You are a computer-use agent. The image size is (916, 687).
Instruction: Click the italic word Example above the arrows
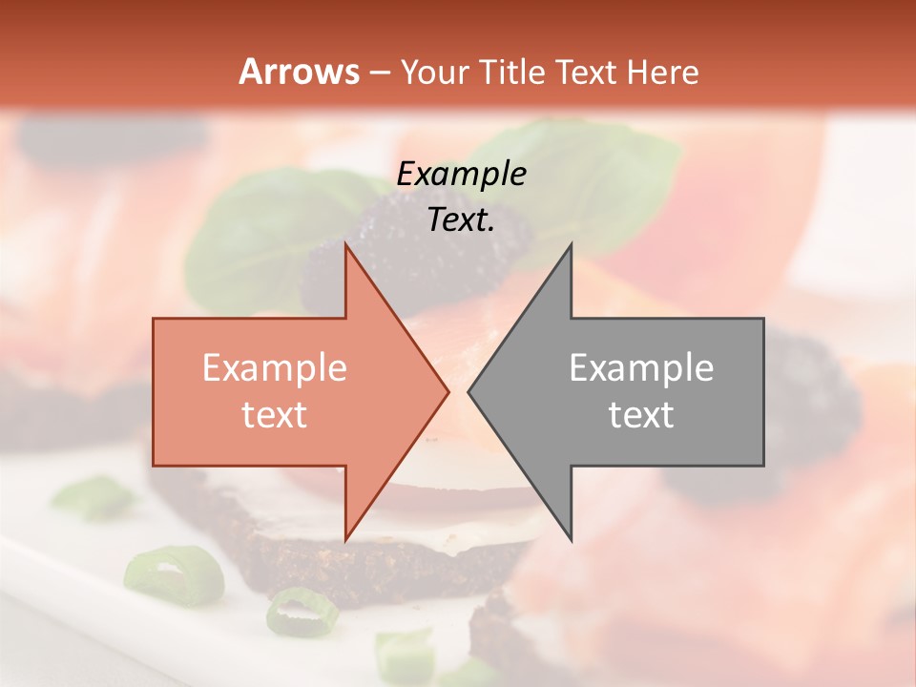point(461,174)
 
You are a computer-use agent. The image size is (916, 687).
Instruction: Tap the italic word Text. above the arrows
point(461,220)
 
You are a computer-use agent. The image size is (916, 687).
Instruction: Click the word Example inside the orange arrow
point(274,368)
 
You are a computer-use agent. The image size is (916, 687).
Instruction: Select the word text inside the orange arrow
point(274,415)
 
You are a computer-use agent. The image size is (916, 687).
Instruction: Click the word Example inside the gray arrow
point(641,368)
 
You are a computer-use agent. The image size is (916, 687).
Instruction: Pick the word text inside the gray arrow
point(641,415)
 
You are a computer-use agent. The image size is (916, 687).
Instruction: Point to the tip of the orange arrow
point(447,391)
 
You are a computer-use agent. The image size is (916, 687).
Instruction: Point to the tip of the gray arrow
point(469,391)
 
